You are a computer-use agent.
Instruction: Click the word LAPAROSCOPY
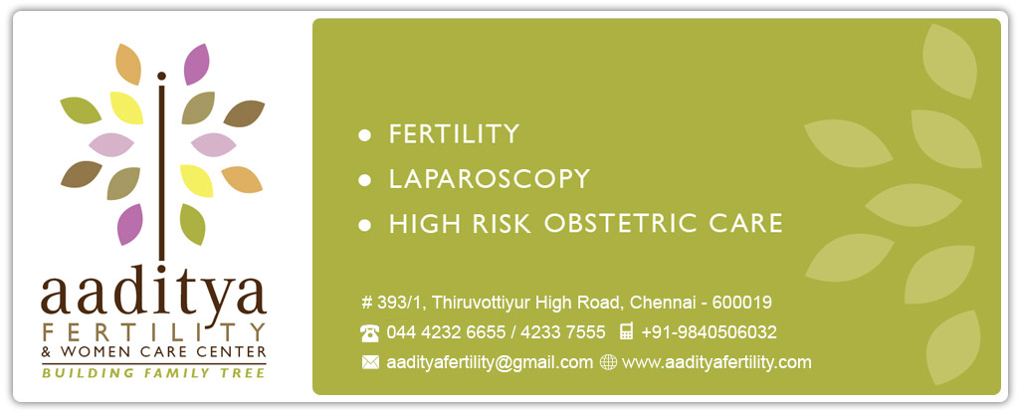click(x=489, y=178)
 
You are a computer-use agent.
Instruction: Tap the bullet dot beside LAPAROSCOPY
click(x=365, y=180)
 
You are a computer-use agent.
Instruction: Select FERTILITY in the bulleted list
click(x=454, y=133)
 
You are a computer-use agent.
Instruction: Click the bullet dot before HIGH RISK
click(x=365, y=225)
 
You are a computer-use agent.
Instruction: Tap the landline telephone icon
click(x=369, y=333)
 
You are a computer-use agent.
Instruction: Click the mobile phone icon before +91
click(x=627, y=331)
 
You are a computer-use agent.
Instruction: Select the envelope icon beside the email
click(x=370, y=362)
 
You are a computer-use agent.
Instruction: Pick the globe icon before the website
click(x=608, y=362)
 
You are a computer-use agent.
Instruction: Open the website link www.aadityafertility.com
click(x=716, y=362)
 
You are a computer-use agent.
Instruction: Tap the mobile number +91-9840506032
click(x=709, y=332)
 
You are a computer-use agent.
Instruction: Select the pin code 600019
click(x=742, y=303)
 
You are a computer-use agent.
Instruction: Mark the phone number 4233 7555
click(x=563, y=332)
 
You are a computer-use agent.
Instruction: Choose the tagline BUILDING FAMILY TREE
click(x=154, y=373)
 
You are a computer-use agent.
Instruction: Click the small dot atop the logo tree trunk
click(x=161, y=76)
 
